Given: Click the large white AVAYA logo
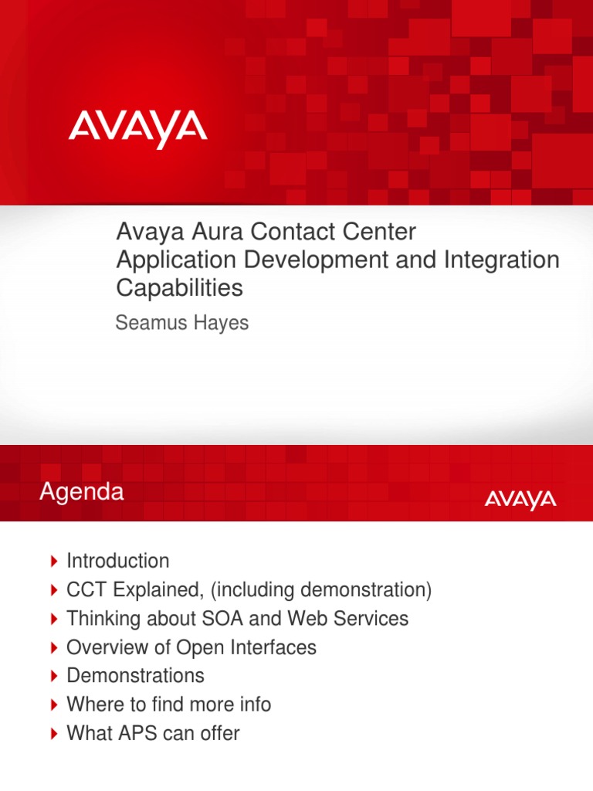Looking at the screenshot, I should (137, 129).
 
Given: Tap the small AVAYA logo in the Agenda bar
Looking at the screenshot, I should (520, 500).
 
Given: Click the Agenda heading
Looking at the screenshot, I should (82, 493).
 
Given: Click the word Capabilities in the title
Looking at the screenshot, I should (179, 288).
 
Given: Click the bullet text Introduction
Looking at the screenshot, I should (117, 561).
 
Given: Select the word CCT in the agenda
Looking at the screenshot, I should (86, 590).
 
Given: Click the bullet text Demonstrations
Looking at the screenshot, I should (135, 676).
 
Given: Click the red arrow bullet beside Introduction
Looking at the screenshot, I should (53, 561).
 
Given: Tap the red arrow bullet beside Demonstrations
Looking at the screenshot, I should (53, 676).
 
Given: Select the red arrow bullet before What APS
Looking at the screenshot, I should (53, 733).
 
